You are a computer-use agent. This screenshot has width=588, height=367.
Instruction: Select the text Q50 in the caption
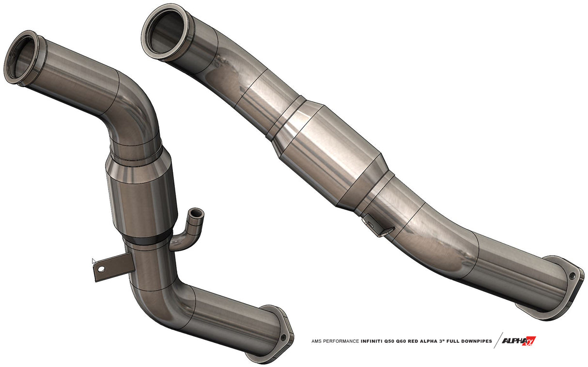tap(396, 341)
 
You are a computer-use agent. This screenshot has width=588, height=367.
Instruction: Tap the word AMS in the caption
tap(317, 341)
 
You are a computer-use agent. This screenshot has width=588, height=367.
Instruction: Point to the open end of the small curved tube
tap(197, 213)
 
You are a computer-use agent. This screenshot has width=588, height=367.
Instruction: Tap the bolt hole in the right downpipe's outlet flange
tap(572, 275)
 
